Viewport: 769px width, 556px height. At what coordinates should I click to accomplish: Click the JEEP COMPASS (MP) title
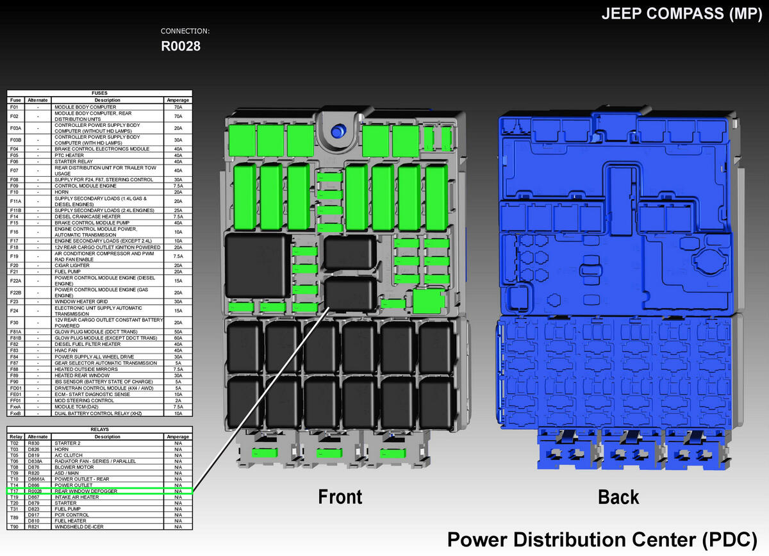click(680, 14)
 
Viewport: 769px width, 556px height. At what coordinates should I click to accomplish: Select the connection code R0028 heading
click(180, 46)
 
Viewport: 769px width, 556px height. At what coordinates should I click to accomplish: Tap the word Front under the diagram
click(340, 497)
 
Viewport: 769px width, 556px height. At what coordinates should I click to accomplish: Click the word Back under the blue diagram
click(618, 497)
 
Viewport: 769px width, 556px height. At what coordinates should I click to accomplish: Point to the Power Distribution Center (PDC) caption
click(601, 539)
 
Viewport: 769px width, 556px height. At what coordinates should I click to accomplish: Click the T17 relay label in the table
click(14, 491)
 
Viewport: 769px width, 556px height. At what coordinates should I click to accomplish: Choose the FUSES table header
click(99, 94)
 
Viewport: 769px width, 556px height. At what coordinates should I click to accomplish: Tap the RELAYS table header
click(99, 430)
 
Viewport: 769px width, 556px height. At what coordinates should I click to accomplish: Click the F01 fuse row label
click(14, 107)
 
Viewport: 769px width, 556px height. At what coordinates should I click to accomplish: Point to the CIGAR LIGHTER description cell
click(72, 265)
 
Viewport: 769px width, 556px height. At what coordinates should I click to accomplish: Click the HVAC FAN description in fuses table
click(66, 350)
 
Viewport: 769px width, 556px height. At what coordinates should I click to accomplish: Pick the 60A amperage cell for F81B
click(178, 338)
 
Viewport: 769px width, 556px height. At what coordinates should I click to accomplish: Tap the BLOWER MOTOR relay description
click(74, 467)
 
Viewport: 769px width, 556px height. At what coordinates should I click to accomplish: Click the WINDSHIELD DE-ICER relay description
click(78, 527)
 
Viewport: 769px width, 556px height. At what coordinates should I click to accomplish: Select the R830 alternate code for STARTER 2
click(34, 443)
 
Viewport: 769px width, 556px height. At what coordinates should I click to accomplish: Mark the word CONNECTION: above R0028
click(185, 31)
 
